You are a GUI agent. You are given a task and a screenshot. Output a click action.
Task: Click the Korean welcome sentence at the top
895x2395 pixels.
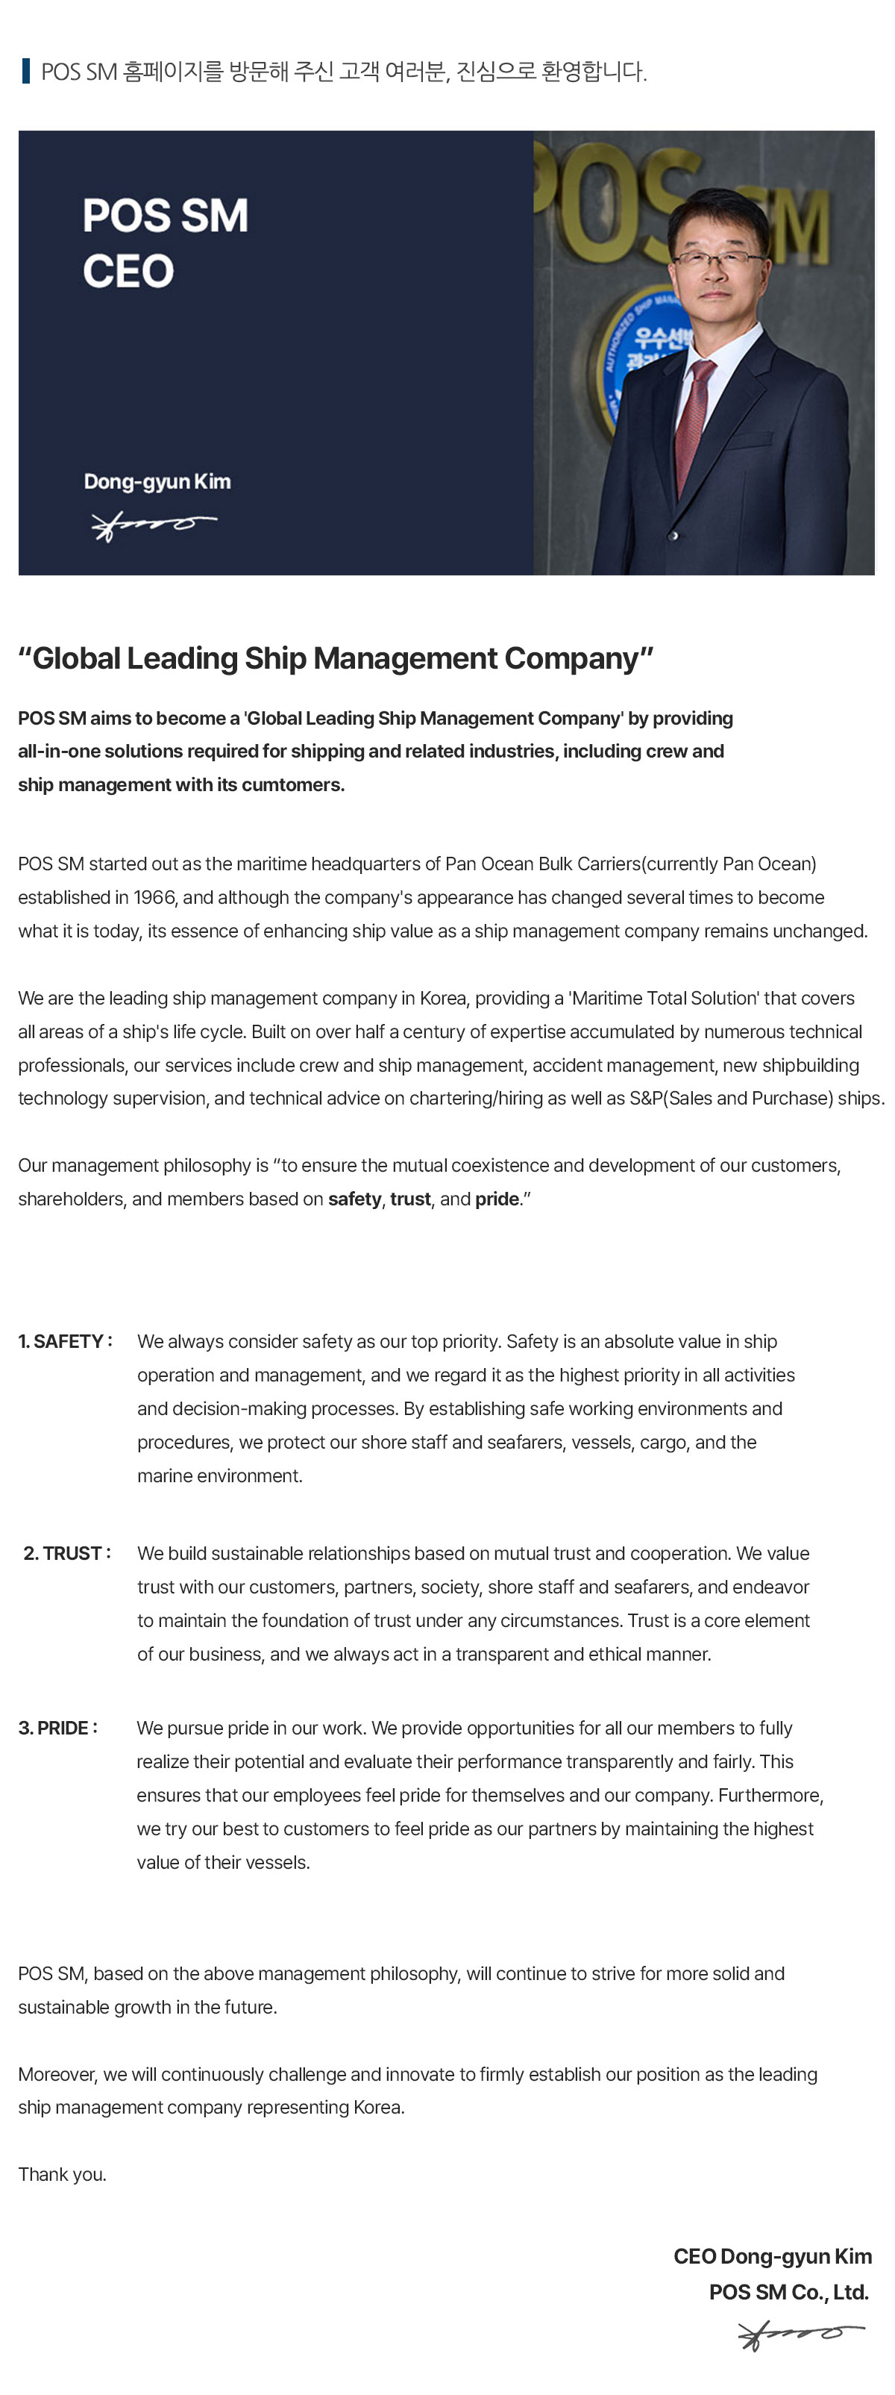343,72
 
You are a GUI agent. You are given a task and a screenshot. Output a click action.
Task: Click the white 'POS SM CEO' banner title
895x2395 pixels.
165,243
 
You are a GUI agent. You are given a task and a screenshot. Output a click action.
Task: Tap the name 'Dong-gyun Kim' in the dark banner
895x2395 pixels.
157,481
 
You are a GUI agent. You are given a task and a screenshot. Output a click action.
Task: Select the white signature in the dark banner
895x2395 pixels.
154,525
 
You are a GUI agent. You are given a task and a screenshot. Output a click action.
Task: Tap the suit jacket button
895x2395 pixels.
675,537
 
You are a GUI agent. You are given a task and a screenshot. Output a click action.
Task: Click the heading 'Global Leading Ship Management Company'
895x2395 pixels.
336,658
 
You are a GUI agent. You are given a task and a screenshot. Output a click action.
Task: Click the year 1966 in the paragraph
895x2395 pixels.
154,897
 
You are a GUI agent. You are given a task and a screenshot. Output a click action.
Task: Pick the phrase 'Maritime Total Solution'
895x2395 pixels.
665,998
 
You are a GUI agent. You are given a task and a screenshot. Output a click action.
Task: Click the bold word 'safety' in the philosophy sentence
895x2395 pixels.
354,1199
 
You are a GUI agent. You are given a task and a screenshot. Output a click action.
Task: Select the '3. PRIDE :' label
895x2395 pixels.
57,1729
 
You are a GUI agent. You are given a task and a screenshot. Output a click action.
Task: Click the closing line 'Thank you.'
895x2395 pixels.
62,2175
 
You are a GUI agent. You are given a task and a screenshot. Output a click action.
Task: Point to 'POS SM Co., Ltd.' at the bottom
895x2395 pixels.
788,2293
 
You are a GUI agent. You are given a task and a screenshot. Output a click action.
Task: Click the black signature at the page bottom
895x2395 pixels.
800,2334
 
